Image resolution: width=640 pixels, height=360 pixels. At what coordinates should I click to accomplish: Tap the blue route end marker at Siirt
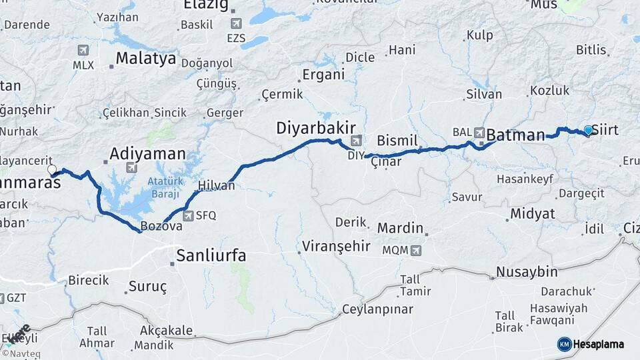click(x=588, y=130)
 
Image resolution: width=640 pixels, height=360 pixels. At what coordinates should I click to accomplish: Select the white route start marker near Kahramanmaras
click(x=52, y=170)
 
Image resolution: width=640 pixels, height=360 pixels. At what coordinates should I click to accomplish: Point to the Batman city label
click(x=515, y=135)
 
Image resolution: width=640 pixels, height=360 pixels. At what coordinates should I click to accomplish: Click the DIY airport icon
click(x=357, y=141)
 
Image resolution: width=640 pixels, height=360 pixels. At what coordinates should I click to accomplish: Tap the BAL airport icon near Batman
click(x=479, y=132)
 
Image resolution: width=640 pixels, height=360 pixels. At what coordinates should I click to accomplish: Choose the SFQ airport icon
click(x=189, y=215)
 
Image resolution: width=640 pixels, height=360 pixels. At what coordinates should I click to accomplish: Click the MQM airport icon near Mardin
click(x=416, y=251)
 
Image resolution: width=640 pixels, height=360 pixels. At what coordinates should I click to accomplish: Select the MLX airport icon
click(x=83, y=51)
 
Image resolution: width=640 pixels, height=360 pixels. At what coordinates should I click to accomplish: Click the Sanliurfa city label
click(x=211, y=255)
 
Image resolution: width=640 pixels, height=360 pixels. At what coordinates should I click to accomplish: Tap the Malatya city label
click(x=145, y=59)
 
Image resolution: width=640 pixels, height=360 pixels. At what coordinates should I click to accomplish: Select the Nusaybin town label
click(x=527, y=272)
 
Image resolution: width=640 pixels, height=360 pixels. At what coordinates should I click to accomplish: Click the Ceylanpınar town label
click(x=377, y=309)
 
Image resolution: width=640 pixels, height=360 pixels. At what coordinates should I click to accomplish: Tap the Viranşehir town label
click(x=336, y=246)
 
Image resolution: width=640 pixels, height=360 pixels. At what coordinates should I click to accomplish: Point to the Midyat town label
click(x=532, y=214)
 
